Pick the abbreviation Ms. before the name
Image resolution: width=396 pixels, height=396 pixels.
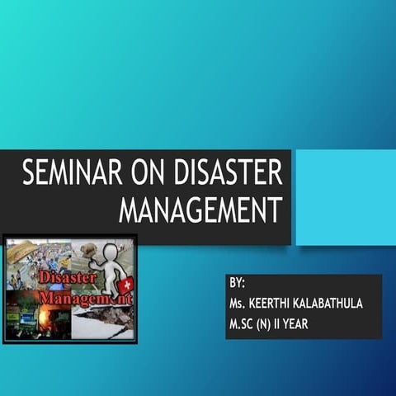point(241,304)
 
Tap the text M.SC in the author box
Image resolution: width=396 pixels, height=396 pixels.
point(247,323)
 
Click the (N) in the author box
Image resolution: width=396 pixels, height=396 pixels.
point(276,323)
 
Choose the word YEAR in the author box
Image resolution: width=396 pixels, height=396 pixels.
point(318,323)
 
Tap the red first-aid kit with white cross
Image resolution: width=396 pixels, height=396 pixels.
point(125,285)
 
